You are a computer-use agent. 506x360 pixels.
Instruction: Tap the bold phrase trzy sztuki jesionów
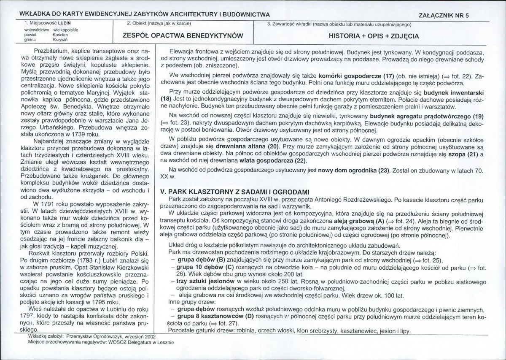pyautogui.click(x=205, y=281)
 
